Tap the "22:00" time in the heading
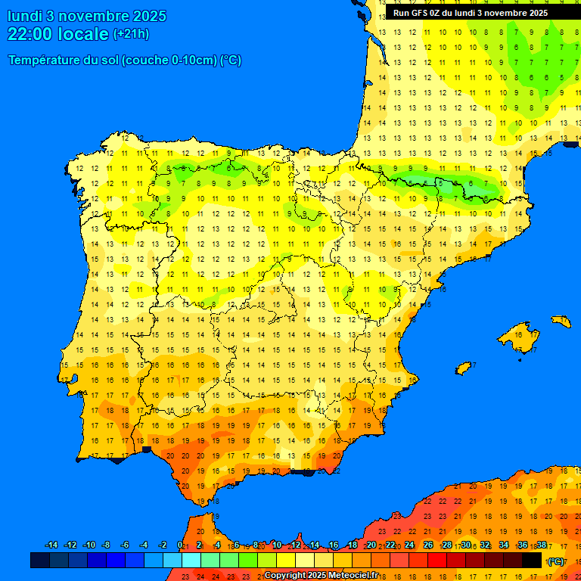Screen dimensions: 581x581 (x=30, y=34)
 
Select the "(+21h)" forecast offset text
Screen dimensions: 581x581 (x=131, y=34)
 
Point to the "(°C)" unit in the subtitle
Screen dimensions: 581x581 (x=231, y=61)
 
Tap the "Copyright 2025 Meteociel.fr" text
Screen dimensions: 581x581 (x=321, y=575)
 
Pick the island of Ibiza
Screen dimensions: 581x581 (x=464, y=368)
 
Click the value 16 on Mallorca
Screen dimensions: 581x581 (x=518, y=334)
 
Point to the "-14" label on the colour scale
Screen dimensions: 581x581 (x=51, y=545)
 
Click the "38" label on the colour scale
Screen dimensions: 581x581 (x=542, y=545)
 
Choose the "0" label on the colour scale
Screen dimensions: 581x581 (x=179, y=545)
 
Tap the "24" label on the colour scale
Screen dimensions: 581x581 (x=409, y=545)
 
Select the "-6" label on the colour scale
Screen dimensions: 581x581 (x=125, y=545)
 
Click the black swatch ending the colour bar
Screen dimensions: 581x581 (x=532, y=561)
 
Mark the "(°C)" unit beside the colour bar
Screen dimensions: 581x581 (x=555, y=561)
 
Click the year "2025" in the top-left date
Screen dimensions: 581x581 (x=149, y=16)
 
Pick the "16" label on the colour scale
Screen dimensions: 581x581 (x=334, y=545)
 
